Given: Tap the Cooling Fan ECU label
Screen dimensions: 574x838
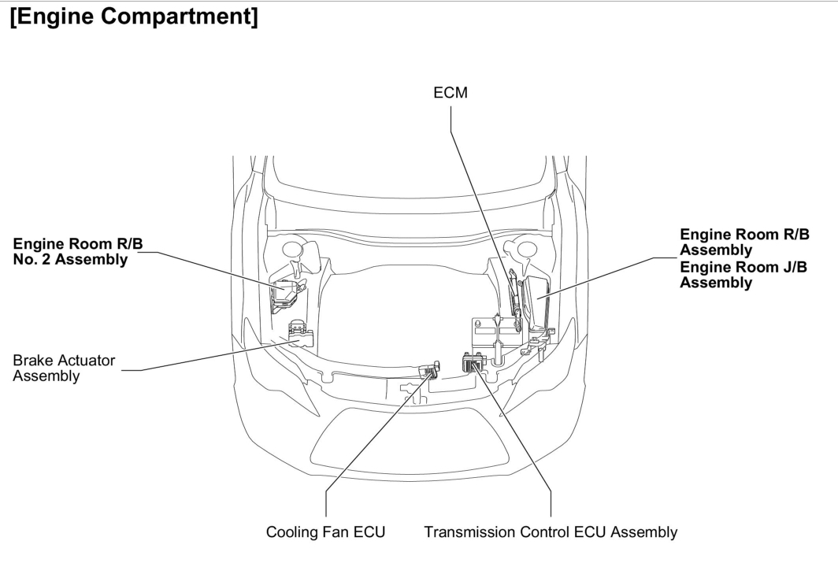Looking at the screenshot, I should point(325,533).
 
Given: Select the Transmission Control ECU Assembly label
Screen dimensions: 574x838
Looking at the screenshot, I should point(551,533).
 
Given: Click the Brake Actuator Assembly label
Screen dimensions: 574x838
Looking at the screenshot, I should point(64,368).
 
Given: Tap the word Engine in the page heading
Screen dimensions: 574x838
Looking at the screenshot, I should point(54,18).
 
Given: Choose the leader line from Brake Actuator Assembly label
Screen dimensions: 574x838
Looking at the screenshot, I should point(205,358).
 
